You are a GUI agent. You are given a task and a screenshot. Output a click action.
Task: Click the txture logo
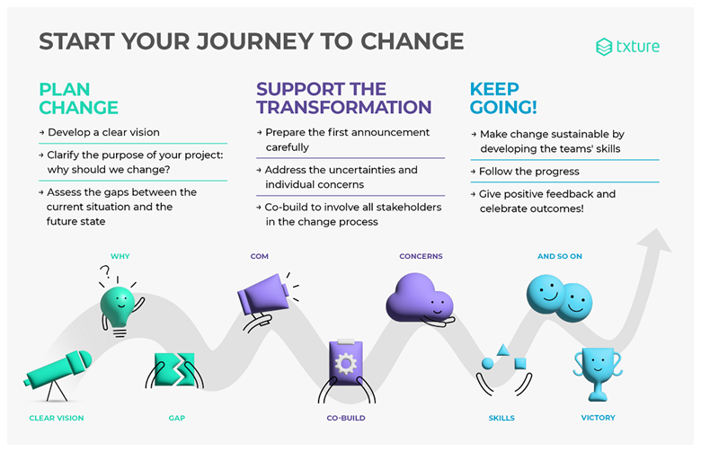click(627, 47)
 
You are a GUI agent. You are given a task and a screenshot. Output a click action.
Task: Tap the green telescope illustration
click(58, 373)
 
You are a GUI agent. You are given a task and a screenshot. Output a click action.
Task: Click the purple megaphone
click(264, 297)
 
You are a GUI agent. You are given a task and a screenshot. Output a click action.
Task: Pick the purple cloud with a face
click(420, 298)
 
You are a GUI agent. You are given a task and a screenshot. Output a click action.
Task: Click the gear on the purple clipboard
click(346, 363)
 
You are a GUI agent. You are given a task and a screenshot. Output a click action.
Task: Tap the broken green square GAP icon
click(175, 369)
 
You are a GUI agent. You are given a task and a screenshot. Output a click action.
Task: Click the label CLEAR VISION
click(57, 418)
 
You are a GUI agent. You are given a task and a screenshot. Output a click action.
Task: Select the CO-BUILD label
click(346, 418)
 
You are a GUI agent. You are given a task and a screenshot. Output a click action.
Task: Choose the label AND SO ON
click(560, 256)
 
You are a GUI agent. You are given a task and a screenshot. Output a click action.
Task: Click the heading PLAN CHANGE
click(79, 98)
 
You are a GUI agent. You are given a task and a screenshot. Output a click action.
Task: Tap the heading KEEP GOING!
click(503, 98)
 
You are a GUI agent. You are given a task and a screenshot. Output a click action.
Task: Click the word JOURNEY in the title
click(255, 41)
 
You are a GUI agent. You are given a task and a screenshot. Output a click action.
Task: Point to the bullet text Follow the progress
click(528, 172)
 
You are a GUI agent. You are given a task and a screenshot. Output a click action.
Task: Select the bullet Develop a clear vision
click(103, 132)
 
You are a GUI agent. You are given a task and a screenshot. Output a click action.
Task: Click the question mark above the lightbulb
click(105, 271)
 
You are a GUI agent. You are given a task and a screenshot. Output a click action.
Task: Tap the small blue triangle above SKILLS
click(503, 350)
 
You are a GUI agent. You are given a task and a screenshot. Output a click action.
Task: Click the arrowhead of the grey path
click(655, 240)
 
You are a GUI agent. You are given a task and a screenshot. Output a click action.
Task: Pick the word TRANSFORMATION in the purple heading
click(344, 107)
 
